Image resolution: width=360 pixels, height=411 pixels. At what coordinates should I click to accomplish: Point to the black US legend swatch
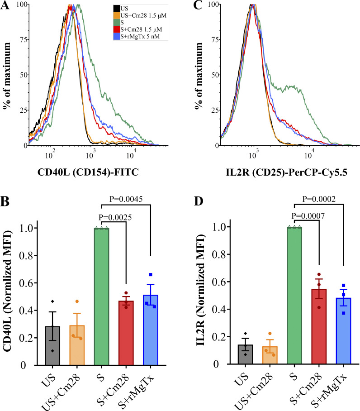point(117,8)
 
